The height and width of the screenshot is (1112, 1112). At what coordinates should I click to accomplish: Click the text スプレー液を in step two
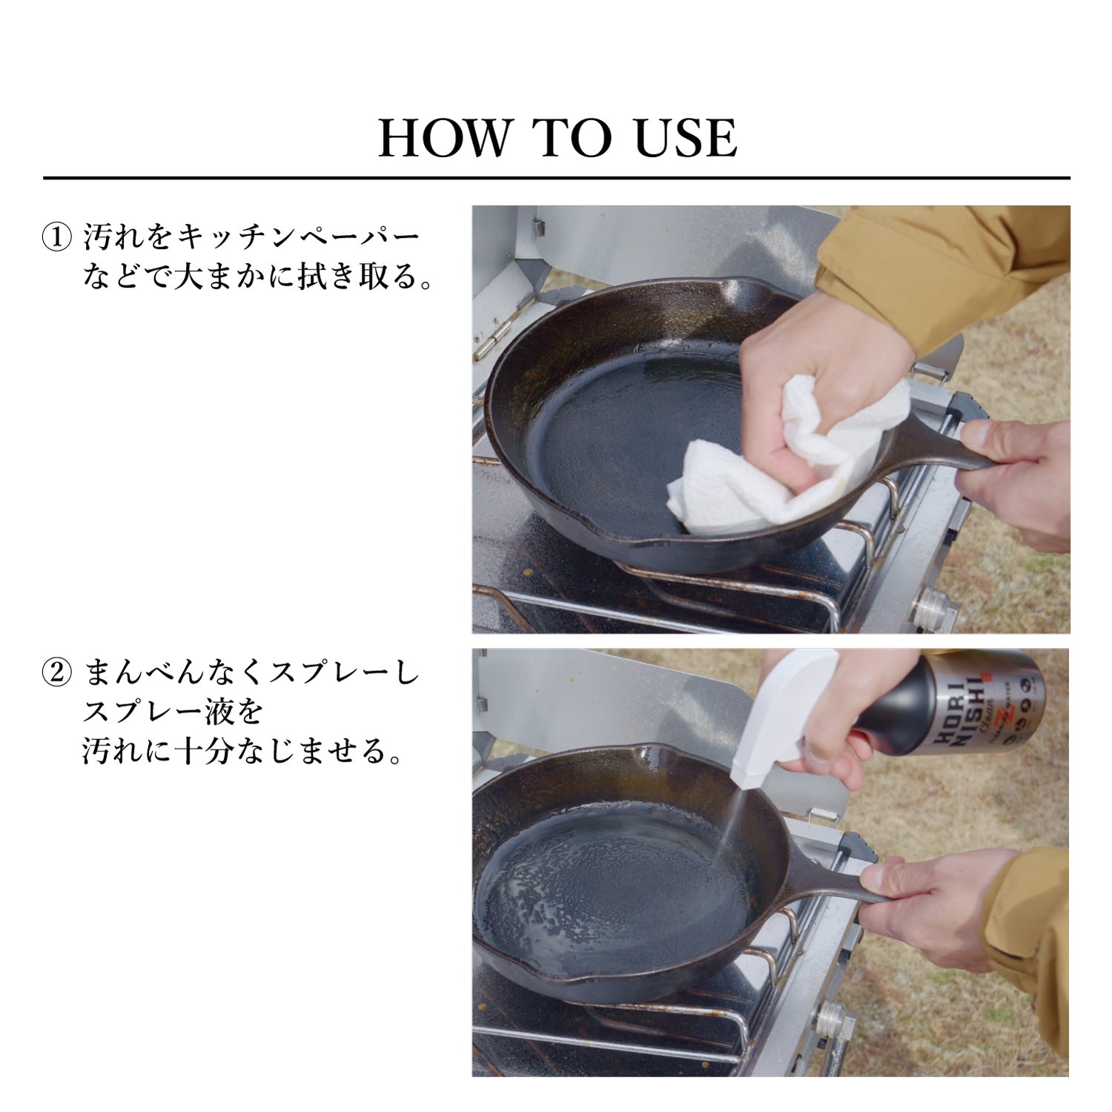172,712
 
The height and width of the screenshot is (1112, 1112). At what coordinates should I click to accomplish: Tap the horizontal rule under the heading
556,179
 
